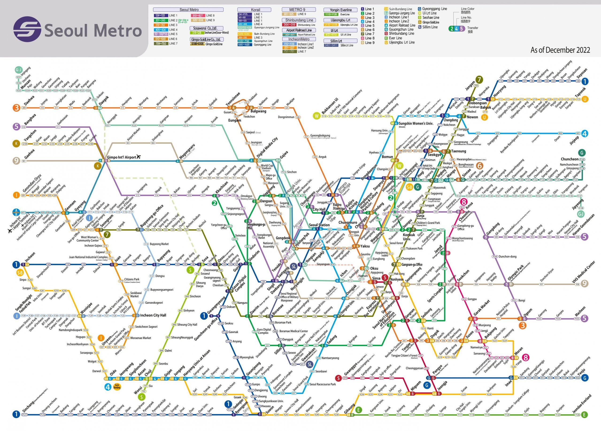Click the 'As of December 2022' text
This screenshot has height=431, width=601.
tap(560, 50)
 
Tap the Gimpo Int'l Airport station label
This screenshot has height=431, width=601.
tap(121, 157)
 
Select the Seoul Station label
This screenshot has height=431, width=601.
tap(319, 225)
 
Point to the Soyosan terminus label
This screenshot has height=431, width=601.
tap(582, 73)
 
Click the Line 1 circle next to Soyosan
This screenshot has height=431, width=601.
tap(585, 81)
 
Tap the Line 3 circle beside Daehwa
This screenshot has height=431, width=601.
tap(16, 108)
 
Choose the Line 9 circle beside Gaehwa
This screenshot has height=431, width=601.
tap(16, 161)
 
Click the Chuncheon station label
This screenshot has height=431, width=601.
tap(569, 159)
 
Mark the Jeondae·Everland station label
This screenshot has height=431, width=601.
tap(582, 404)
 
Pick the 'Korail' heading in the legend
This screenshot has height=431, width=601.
tap(255, 10)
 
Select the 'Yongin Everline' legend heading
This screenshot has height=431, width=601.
tap(340, 10)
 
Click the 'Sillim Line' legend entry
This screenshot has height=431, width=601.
tap(430, 27)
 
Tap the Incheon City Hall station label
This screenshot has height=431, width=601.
tap(153, 315)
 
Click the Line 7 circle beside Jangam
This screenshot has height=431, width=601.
tap(479, 79)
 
